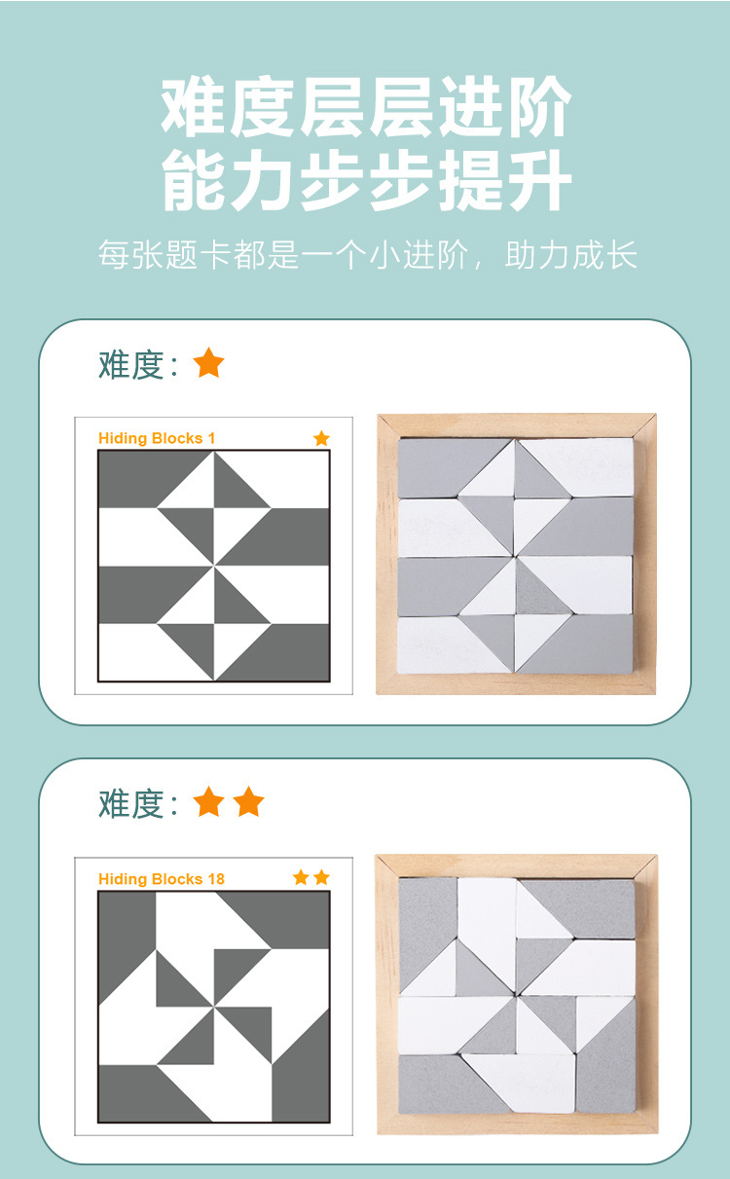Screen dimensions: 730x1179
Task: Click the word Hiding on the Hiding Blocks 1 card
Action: point(123,438)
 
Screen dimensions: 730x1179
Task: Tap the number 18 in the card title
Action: point(216,879)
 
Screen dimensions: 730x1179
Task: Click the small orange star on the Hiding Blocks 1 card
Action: point(321,438)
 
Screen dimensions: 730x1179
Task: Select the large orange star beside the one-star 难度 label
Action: point(208,362)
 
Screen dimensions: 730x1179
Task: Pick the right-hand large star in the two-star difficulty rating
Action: point(248,801)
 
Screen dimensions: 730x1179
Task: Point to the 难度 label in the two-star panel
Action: point(131,804)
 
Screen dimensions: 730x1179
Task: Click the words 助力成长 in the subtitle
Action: point(571,255)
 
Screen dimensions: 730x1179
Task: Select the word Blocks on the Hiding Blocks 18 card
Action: point(177,879)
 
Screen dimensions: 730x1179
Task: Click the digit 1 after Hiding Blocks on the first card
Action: point(211,438)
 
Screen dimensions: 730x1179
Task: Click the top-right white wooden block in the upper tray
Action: point(583,466)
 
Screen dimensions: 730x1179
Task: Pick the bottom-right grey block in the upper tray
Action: point(583,644)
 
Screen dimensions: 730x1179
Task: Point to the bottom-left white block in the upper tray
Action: point(448,645)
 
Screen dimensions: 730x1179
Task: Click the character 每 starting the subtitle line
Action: point(114,255)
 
